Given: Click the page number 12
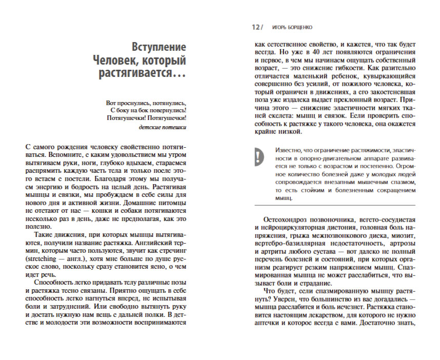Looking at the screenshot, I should (255, 27).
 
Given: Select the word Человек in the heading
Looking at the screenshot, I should (116, 61).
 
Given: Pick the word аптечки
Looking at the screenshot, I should (271, 324).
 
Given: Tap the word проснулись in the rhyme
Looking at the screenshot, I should (135, 101).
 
